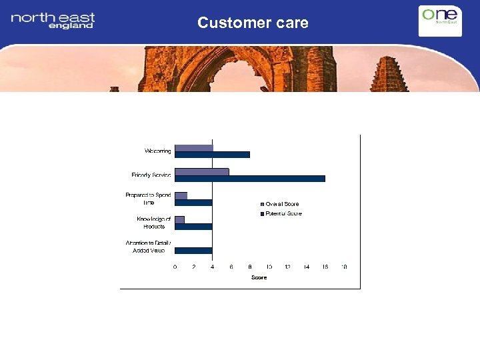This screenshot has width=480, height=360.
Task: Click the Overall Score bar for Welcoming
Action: [194, 148]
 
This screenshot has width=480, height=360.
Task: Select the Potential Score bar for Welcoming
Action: [212, 155]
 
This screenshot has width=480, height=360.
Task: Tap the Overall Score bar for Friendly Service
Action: [202, 172]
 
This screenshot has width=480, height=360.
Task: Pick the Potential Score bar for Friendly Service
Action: [250, 179]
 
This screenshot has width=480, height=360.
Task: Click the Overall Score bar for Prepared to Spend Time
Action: [181, 195]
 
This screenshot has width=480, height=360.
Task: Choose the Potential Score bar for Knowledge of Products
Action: [193, 227]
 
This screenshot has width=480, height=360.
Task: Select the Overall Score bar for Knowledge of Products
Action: [180, 219]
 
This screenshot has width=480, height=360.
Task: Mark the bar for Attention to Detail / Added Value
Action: [193, 251]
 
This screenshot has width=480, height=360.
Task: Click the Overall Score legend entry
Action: [279, 204]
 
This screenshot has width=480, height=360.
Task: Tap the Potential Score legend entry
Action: [281, 214]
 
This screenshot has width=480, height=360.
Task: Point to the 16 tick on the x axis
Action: [325, 267]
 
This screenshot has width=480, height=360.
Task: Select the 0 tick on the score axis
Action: [175, 267]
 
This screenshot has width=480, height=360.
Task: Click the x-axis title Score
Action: [259, 277]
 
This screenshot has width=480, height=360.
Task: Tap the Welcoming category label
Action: [157, 151]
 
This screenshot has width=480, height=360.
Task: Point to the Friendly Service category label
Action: [151, 175]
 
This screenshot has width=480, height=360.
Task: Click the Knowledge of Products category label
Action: [154, 223]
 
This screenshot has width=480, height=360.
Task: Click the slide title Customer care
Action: [253, 23]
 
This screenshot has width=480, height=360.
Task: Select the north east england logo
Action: [53, 20]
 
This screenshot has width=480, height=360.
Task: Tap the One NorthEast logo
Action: [439, 20]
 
